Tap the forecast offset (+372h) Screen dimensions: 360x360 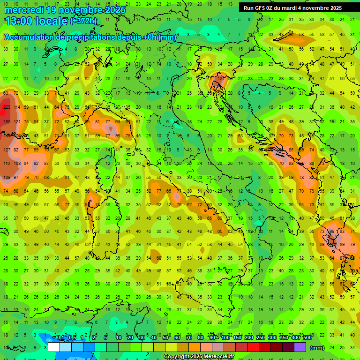(83, 21)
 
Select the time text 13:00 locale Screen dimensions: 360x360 (37, 21)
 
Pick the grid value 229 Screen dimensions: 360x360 (7, 107)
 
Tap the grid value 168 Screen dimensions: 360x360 (7, 122)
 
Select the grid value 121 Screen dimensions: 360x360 (17, 122)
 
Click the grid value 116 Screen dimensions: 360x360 (7, 164)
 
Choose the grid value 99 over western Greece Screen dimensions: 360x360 (332, 232)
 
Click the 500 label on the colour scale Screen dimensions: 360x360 (307, 338)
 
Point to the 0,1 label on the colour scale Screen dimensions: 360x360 (60, 338)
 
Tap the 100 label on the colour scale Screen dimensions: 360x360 (225, 338)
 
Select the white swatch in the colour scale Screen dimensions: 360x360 (54, 347)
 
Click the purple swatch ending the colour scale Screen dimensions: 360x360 (300, 347)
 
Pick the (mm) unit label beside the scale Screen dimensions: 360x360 (317, 348)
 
